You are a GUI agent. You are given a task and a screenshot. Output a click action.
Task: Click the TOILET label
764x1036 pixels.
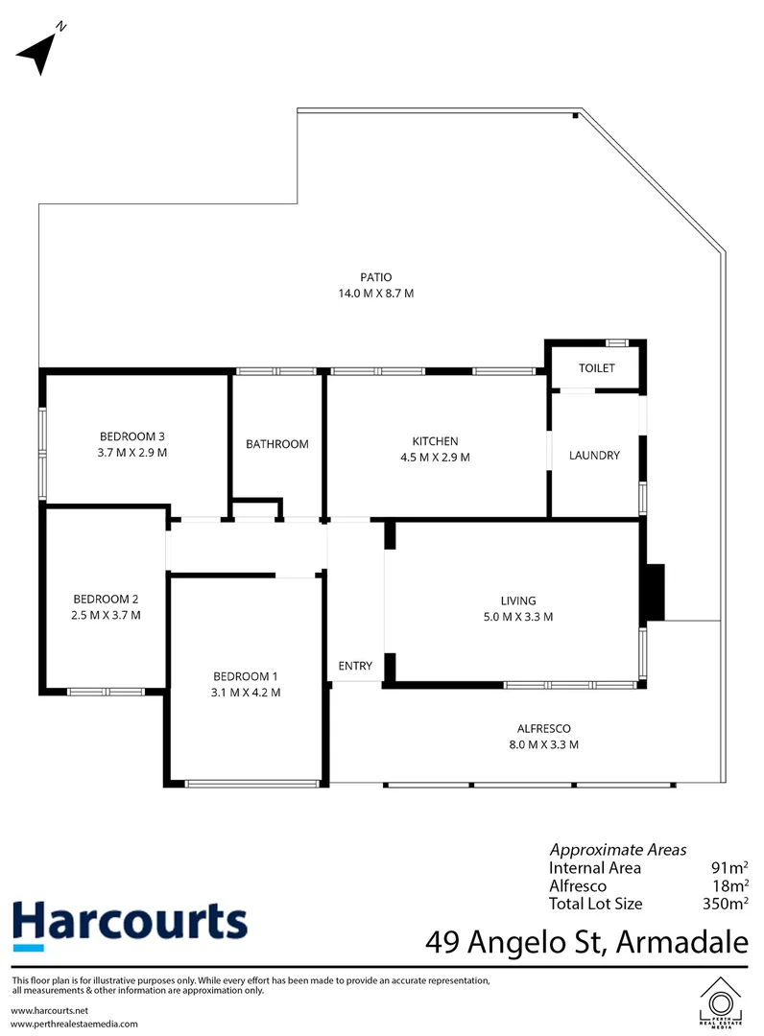[x=595, y=368]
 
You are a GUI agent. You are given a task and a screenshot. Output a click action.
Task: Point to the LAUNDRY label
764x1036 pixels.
[x=594, y=456]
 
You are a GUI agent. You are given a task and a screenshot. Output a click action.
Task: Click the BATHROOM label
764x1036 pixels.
[x=277, y=444]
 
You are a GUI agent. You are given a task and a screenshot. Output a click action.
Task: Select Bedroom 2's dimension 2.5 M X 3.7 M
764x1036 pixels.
[x=107, y=615]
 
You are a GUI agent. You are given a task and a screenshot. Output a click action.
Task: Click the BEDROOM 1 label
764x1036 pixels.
[x=247, y=675]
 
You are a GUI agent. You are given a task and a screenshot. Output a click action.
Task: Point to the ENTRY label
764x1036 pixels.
[x=355, y=666]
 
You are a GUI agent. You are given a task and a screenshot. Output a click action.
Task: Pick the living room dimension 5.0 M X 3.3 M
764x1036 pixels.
[x=517, y=617]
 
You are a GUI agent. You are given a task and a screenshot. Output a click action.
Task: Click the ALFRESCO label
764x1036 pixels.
[x=543, y=728]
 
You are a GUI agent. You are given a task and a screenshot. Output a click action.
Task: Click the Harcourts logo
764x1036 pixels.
[x=129, y=923]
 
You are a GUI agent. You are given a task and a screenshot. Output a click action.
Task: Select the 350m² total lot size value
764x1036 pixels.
[x=725, y=904]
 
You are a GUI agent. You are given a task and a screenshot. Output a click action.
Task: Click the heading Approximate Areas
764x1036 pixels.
[x=617, y=850]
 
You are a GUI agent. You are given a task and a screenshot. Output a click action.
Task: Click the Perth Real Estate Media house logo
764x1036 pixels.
[x=721, y=1002]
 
